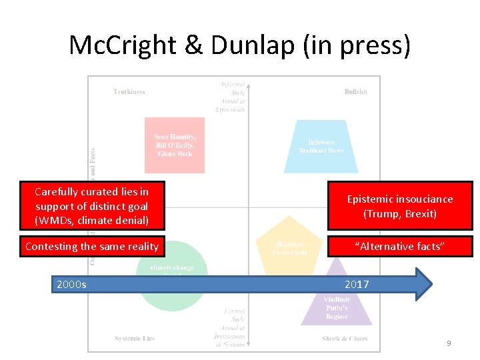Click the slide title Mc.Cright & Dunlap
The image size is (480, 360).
[240, 45]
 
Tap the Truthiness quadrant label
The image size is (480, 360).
[129, 92]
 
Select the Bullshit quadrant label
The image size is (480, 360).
[355, 92]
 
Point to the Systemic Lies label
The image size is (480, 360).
[135, 339]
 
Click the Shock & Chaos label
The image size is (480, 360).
[345, 339]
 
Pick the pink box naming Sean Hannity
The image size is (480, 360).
[175, 145]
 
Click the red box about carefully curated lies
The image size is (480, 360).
[92, 206]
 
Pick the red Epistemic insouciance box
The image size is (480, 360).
[399, 207]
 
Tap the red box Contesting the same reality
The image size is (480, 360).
[92, 247]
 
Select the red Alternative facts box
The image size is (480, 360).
[399, 247]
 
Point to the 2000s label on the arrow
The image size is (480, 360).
[71, 285]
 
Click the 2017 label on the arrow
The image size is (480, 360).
[357, 285]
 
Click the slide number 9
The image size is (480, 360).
[449, 343]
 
